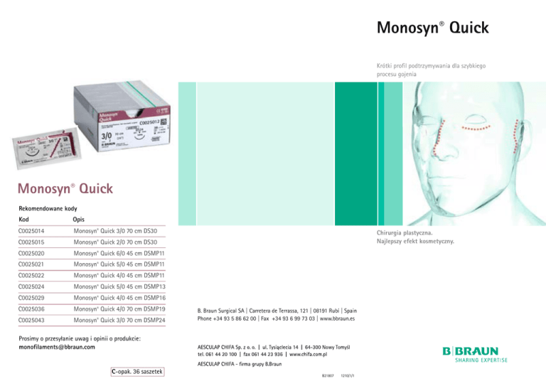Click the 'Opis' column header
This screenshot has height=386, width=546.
point(82,220)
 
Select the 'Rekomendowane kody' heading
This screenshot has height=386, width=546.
point(47,208)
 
